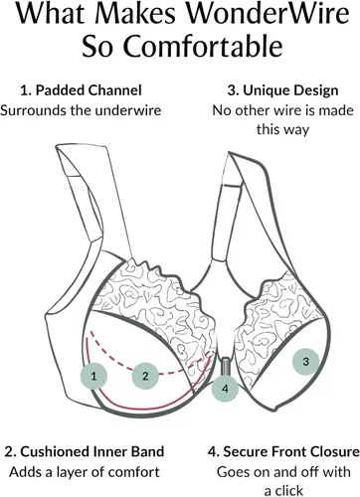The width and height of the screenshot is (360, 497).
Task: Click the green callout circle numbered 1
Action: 93,376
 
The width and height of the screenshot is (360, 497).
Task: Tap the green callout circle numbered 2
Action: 145,376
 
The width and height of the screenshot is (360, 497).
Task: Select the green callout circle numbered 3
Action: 305,362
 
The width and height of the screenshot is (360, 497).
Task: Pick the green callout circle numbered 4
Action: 225,389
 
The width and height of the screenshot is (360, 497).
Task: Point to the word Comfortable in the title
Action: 203,47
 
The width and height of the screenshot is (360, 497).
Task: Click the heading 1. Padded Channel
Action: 81,90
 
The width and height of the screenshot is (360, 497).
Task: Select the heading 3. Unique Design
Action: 282,90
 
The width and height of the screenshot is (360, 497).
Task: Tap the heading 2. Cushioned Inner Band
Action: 85,451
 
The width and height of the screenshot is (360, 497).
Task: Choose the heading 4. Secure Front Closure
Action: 283,451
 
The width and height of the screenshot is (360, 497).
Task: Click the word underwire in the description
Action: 128,110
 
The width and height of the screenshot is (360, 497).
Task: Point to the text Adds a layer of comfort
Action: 85,472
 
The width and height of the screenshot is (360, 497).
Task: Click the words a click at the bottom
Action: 283,491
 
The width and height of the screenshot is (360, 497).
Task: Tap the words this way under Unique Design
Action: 282,129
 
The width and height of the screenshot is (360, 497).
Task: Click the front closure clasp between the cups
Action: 226,366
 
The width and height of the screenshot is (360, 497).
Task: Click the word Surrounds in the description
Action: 34,110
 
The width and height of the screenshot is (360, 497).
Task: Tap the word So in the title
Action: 98,47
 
